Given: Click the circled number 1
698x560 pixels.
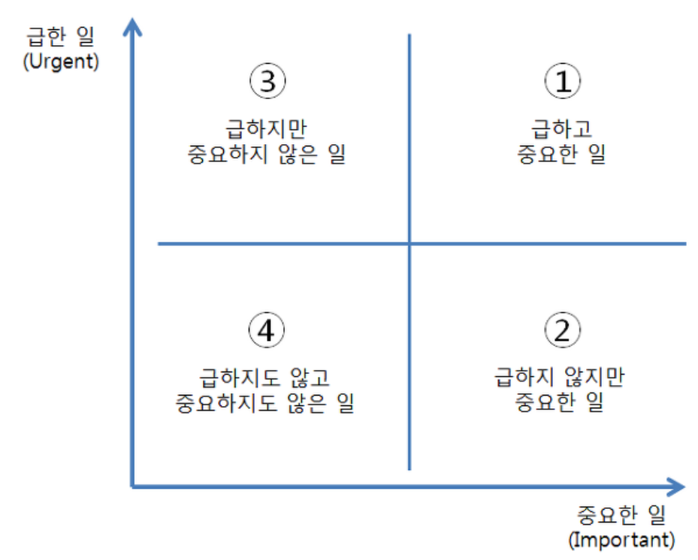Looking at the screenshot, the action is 562,82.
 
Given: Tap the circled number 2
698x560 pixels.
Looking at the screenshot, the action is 562,330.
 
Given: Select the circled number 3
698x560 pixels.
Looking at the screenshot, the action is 267,82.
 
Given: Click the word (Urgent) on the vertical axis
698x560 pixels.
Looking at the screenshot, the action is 62,62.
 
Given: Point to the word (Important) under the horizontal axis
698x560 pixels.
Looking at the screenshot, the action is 621,538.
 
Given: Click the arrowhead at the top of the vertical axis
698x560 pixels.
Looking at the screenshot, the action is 133,27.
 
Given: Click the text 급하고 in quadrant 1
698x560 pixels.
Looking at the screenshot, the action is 561,128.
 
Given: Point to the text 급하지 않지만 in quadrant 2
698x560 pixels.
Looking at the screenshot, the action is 561,376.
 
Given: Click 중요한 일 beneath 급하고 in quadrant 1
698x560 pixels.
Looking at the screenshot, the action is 561,155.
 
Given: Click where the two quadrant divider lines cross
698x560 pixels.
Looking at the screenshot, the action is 409,244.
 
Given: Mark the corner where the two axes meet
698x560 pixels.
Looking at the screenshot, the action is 133,487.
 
